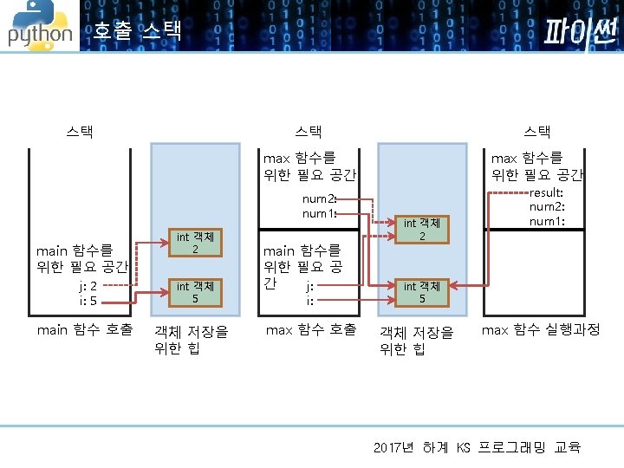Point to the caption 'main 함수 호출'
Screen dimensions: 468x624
[x=84, y=330]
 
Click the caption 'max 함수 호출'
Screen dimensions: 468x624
[x=310, y=330]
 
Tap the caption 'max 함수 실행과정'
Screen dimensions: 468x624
[x=540, y=330]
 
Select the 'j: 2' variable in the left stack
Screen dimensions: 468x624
[x=88, y=287]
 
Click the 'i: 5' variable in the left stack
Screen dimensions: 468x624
[x=88, y=302]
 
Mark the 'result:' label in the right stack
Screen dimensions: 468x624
[x=547, y=192]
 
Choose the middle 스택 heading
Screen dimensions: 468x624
[x=309, y=132]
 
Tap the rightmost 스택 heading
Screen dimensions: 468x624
[x=537, y=132]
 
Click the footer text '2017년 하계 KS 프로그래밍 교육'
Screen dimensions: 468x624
[x=477, y=447]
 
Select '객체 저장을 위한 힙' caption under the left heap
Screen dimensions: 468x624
[x=191, y=340]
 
